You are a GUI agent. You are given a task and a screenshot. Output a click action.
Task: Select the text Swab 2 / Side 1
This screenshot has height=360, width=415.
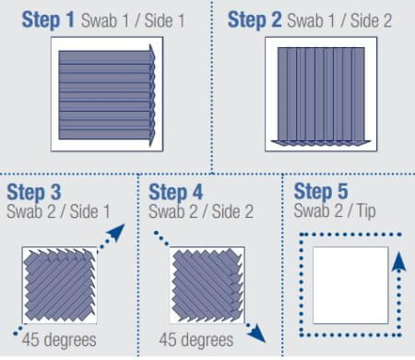coord(58,211)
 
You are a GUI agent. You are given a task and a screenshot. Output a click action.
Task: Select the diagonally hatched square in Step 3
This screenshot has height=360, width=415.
coord(59,282)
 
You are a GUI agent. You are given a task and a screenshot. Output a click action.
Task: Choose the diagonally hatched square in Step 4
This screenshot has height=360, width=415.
coord(207,282)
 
